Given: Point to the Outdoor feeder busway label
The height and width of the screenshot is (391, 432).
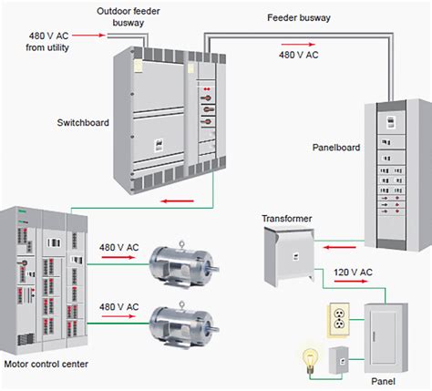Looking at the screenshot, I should click(x=131, y=16).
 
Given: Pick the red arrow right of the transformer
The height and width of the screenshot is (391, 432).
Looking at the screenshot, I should click(x=340, y=245).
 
